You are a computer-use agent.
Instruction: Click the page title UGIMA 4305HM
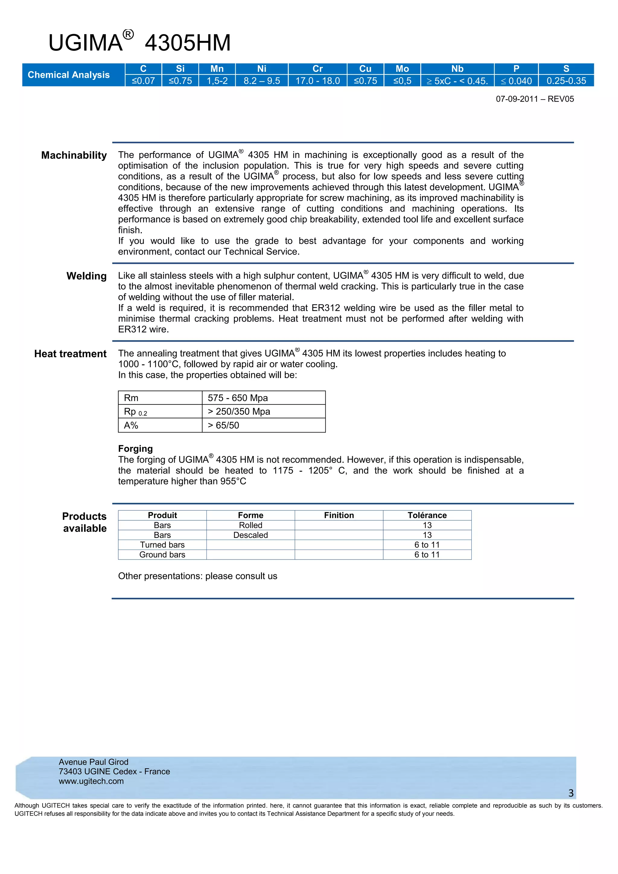pos(139,42)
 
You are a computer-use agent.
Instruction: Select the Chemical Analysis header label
pos(68,75)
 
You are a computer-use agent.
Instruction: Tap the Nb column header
pos(457,69)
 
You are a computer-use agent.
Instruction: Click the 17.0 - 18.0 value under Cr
pos(317,81)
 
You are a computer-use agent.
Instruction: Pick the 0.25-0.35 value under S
pos(566,81)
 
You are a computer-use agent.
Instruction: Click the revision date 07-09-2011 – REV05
pos(534,99)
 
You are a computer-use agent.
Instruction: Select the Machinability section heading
pos(74,155)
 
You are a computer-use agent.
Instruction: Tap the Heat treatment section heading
pos(70,354)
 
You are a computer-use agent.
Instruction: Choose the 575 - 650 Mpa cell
pos(238,398)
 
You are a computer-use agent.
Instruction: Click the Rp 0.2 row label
pos(135,411)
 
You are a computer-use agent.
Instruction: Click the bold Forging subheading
pos(135,448)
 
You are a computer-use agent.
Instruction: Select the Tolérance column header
pos(427,515)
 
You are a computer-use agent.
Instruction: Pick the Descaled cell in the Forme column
pos(250,535)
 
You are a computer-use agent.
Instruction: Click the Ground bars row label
pos(162,555)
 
